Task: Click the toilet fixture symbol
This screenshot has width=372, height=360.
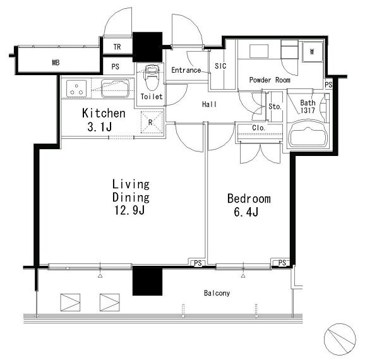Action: tap(152, 77)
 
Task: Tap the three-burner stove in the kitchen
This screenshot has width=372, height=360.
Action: tap(76, 89)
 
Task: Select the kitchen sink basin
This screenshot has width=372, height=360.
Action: tap(116, 88)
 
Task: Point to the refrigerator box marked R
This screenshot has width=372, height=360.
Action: tap(152, 123)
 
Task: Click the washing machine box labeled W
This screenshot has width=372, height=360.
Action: tap(312, 52)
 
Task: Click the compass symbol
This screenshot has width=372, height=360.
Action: tap(340, 339)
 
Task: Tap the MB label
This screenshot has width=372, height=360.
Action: tap(56, 63)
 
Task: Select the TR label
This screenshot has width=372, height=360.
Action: tap(117, 47)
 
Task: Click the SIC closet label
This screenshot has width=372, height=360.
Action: tap(220, 66)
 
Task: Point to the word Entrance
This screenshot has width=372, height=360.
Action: tap(186, 70)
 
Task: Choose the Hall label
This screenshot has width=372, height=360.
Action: tap(209, 104)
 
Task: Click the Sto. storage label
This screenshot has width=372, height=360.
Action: tap(275, 107)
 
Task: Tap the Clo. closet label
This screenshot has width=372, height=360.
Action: tap(258, 128)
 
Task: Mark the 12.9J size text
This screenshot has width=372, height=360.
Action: tap(129, 210)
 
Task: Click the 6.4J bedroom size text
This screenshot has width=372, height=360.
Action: tap(246, 212)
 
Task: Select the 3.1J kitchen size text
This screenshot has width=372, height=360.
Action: tap(100, 127)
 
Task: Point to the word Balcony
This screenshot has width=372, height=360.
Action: tap(217, 293)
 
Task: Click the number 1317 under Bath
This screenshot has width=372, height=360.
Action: tap(308, 110)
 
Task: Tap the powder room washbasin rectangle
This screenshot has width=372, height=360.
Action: tap(259, 51)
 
